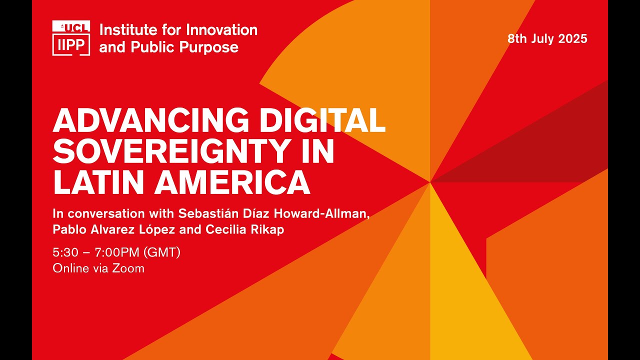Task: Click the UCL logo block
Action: [x=71, y=26]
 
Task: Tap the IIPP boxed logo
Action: [x=71, y=44]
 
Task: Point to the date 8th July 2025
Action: [x=547, y=39]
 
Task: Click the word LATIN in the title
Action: [x=98, y=182]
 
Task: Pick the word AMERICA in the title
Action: [x=232, y=182]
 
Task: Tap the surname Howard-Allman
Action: [x=321, y=213]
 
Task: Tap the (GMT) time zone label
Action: [x=161, y=252]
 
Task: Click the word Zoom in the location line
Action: [x=128, y=268]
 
